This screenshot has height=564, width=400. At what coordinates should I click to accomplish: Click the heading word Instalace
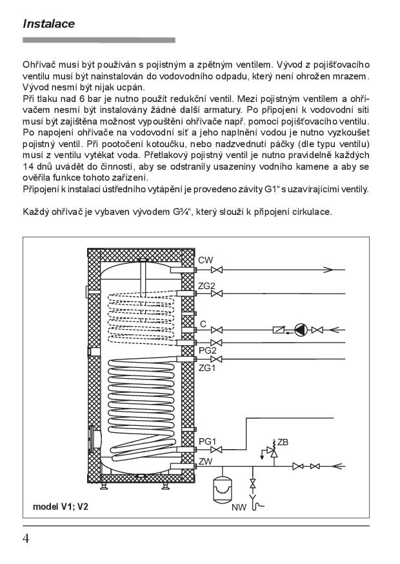[49, 24]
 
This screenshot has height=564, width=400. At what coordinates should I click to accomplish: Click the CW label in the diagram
[206, 259]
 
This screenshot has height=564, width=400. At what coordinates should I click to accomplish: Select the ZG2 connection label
[207, 285]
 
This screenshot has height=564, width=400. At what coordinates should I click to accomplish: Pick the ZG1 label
[207, 368]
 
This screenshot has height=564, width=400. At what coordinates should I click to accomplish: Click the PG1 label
[207, 441]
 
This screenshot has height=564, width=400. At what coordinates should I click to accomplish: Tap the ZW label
[206, 460]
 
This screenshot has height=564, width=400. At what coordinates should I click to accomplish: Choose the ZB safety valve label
[283, 442]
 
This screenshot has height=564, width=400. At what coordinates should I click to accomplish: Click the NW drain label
[239, 507]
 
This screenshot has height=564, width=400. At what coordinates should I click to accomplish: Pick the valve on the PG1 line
[219, 449]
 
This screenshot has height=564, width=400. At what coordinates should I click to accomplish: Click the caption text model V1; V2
[61, 506]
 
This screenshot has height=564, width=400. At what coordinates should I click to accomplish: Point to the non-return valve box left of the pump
[279, 330]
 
